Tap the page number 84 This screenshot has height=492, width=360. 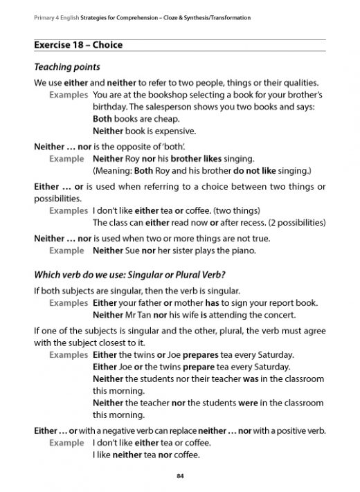(x=180, y=475)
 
